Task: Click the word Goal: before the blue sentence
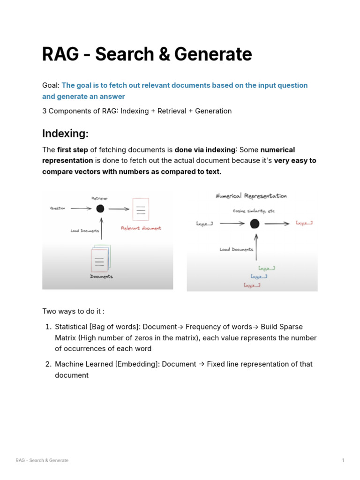51,85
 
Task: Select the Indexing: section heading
65,134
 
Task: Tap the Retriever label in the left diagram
99,198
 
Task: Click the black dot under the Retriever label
100,209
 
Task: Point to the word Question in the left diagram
58,209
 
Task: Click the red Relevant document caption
141,228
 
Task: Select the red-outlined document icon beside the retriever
141,210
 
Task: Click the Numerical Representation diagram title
251,196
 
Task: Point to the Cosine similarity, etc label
254,211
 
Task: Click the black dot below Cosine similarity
255,224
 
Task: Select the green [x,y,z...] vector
266,268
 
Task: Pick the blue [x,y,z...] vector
259,277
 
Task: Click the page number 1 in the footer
343,460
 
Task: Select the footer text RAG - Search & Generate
42,460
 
